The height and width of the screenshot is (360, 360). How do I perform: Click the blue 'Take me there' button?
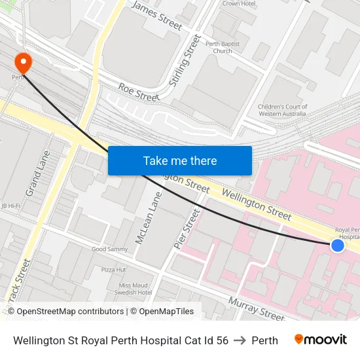[179, 160]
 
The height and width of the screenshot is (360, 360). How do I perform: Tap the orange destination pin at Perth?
[24, 62]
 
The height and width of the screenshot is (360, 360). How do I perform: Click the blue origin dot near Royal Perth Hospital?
[337, 245]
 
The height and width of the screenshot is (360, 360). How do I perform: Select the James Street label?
[157, 15]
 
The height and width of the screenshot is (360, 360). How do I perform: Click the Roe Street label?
[139, 92]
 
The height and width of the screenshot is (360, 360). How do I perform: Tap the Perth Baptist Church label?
[223, 46]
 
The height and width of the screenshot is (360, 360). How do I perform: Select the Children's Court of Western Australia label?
[282, 110]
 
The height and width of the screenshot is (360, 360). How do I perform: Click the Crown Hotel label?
[239, 3]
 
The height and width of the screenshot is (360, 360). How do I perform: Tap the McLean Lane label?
[148, 219]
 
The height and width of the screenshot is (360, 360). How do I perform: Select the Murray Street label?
[256, 308]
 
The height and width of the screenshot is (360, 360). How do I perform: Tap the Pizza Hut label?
[113, 269]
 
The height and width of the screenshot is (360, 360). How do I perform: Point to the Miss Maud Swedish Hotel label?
[135, 289]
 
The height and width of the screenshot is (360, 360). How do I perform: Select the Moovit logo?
[320, 340]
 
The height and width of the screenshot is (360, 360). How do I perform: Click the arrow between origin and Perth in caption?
[240, 340]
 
